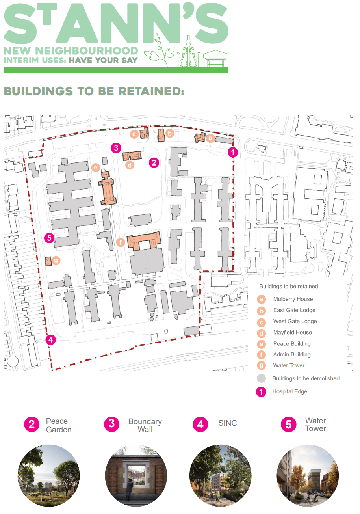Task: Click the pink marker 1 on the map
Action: click(x=233, y=152)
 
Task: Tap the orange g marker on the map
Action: click(x=56, y=260)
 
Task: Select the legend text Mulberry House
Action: click(x=293, y=299)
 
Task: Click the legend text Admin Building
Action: click(x=292, y=354)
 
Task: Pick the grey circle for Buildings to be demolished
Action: click(x=261, y=378)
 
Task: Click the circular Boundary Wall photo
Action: click(x=136, y=476)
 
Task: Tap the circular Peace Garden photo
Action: click(x=49, y=476)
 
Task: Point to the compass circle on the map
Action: click(x=13, y=361)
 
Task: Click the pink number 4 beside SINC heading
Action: click(x=200, y=424)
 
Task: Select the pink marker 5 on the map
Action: click(x=49, y=238)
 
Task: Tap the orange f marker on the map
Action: click(x=121, y=242)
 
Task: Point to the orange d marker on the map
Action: click(x=130, y=165)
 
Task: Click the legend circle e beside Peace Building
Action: click(x=261, y=344)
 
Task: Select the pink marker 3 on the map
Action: click(x=115, y=148)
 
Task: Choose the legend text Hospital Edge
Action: click(x=289, y=391)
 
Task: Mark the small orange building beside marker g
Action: click(x=48, y=261)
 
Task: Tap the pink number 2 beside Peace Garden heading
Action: click(x=32, y=424)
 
